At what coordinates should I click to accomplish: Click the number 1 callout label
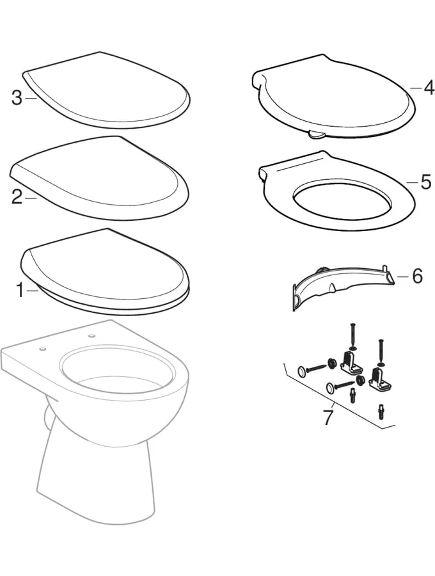(21, 290)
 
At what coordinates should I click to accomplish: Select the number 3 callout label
(17, 98)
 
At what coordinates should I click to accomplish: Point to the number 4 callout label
(429, 88)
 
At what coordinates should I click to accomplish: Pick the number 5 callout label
(426, 182)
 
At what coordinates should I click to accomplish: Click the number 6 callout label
(417, 276)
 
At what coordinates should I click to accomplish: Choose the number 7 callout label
(328, 418)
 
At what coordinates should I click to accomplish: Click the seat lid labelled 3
(106, 90)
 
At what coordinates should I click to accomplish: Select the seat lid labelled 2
(99, 179)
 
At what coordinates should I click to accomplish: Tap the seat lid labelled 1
(106, 271)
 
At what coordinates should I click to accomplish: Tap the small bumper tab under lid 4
(317, 135)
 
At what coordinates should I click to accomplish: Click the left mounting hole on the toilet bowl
(43, 348)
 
